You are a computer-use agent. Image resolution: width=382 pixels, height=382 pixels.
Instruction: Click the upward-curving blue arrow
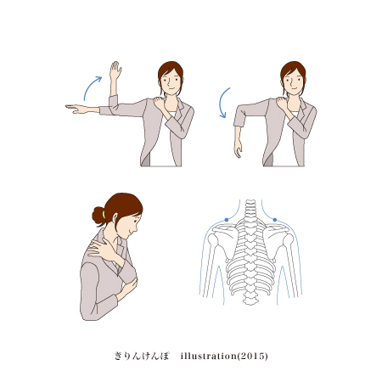(x=90, y=86)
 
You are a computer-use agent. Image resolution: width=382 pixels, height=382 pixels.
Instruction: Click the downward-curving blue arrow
(x=221, y=103)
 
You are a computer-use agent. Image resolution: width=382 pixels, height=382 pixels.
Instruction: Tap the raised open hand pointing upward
(x=115, y=70)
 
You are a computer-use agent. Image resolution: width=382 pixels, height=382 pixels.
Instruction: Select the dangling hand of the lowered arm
(x=239, y=149)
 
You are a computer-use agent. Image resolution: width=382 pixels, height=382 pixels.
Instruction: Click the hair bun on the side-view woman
(x=98, y=216)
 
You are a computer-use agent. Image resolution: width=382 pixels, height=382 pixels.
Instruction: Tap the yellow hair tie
(x=104, y=215)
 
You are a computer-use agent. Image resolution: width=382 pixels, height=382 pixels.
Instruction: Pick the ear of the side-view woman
(x=115, y=218)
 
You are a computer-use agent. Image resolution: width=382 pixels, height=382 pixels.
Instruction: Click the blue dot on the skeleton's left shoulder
(x=227, y=220)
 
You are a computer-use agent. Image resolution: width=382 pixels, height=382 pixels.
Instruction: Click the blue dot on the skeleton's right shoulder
(x=275, y=220)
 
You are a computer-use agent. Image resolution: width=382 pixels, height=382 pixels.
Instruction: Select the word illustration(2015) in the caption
(x=224, y=356)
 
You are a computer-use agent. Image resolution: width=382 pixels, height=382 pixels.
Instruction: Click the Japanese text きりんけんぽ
(x=142, y=356)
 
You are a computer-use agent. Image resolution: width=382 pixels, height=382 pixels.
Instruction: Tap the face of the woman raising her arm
(x=170, y=81)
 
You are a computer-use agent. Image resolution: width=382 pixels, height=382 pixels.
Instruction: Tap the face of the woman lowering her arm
(x=293, y=81)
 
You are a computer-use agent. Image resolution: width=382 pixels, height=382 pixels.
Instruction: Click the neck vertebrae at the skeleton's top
(x=250, y=209)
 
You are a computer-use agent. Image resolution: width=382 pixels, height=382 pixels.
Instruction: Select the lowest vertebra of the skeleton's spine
(x=250, y=301)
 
